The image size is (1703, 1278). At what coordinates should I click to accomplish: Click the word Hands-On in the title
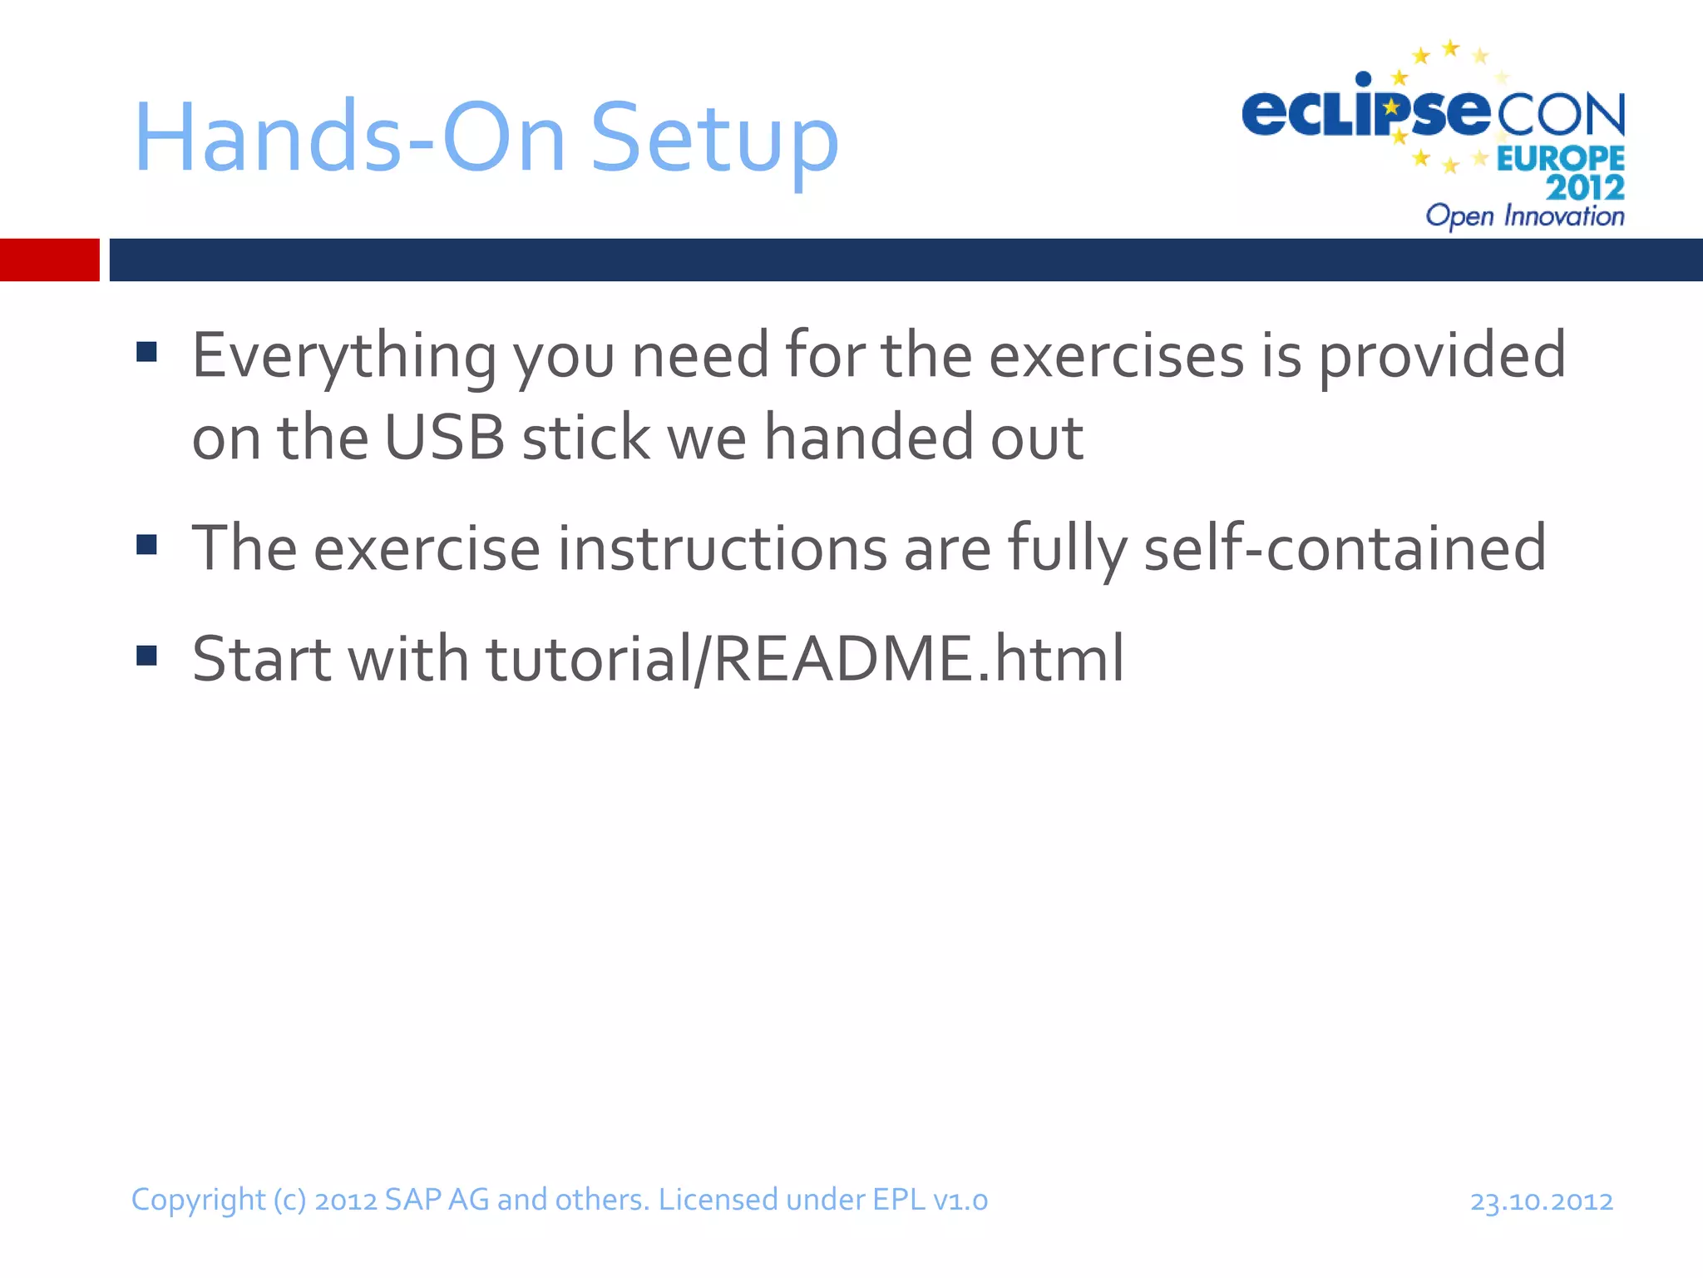click(x=349, y=138)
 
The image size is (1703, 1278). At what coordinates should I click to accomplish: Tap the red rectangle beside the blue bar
click(x=49, y=260)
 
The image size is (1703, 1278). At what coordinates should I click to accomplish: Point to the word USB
click(x=445, y=438)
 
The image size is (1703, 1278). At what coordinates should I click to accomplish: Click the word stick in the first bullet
click(x=585, y=438)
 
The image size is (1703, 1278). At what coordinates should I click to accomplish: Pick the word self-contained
click(x=1345, y=548)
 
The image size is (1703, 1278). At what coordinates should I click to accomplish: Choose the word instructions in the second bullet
click(x=722, y=548)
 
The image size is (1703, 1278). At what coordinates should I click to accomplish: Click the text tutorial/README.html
click(x=805, y=658)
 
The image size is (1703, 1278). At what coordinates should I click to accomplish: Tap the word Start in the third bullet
click(x=261, y=658)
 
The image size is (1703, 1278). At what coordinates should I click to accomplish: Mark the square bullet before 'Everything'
click(x=147, y=352)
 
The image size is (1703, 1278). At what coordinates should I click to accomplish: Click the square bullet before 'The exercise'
click(x=147, y=545)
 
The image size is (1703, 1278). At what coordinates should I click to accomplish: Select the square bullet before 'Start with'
click(x=147, y=656)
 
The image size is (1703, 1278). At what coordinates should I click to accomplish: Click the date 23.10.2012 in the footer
click(x=1541, y=1201)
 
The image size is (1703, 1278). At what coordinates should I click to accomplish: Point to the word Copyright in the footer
click(x=198, y=1201)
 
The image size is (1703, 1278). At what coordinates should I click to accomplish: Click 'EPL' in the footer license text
click(x=898, y=1200)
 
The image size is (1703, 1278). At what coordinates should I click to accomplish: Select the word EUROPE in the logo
click(x=1560, y=158)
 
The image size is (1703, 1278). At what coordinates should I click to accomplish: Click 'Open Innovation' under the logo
click(x=1524, y=216)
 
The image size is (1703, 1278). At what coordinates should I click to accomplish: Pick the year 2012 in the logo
click(x=1585, y=187)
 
